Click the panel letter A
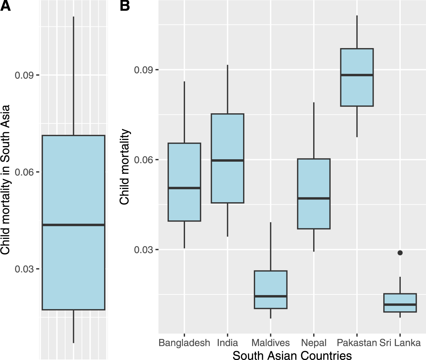tap(5, 6)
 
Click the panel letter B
tap(125, 6)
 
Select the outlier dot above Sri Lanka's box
tap(400, 253)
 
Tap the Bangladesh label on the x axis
tap(184, 343)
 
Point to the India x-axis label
tap(227, 343)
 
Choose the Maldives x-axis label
tap(270, 343)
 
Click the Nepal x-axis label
tap(313, 343)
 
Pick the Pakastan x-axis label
tap(357, 343)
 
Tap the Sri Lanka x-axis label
tap(400, 343)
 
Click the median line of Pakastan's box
tap(357, 75)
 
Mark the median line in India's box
tap(227, 160)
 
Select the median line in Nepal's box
tap(314, 198)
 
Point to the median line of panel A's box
tap(73, 225)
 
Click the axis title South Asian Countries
tap(292, 355)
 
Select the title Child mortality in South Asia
tap(5, 180)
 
